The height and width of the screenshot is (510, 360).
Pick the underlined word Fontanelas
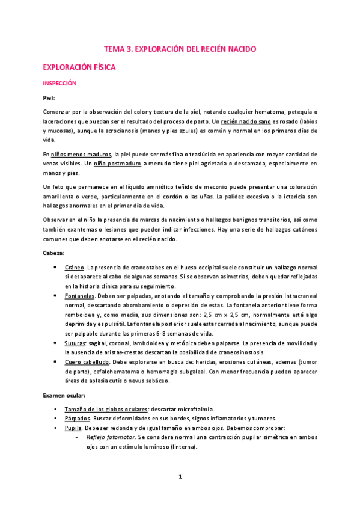tap(81, 295)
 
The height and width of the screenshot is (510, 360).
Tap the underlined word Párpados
tap(78, 419)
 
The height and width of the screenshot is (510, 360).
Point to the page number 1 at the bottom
tap(180, 477)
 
